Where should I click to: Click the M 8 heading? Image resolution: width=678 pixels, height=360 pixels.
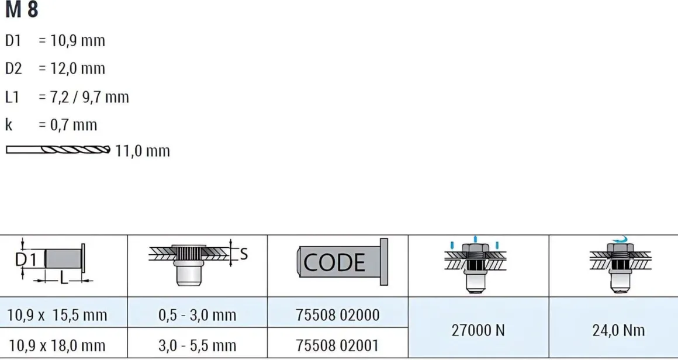click(22, 9)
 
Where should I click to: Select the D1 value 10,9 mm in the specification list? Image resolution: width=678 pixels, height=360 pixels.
click(71, 41)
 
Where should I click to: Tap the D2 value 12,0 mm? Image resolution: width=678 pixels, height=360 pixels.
click(71, 69)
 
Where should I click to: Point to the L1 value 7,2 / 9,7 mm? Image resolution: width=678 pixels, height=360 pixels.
click(84, 97)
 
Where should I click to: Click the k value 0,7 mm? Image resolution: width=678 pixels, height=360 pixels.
click(67, 125)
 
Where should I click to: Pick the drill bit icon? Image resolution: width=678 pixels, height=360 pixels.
click(58, 150)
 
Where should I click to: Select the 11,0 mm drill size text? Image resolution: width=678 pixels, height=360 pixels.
click(142, 151)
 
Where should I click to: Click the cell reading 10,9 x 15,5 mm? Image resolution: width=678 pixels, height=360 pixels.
click(57, 315)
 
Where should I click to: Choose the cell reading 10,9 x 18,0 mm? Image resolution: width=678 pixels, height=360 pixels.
click(57, 345)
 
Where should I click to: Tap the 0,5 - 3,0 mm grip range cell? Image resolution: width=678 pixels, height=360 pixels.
click(197, 315)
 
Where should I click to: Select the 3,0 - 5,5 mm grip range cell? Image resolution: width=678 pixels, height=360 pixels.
click(197, 345)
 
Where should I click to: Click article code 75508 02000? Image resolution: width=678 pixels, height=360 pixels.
click(338, 315)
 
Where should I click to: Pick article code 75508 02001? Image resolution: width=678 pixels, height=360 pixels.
click(338, 345)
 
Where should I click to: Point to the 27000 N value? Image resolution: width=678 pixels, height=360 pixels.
click(478, 331)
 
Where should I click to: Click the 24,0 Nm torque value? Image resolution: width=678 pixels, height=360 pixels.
click(618, 331)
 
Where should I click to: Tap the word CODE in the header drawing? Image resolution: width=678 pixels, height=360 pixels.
click(334, 262)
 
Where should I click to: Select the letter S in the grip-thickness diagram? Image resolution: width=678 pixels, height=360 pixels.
click(244, 254)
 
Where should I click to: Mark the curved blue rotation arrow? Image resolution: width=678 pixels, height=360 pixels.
click(621, 240)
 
